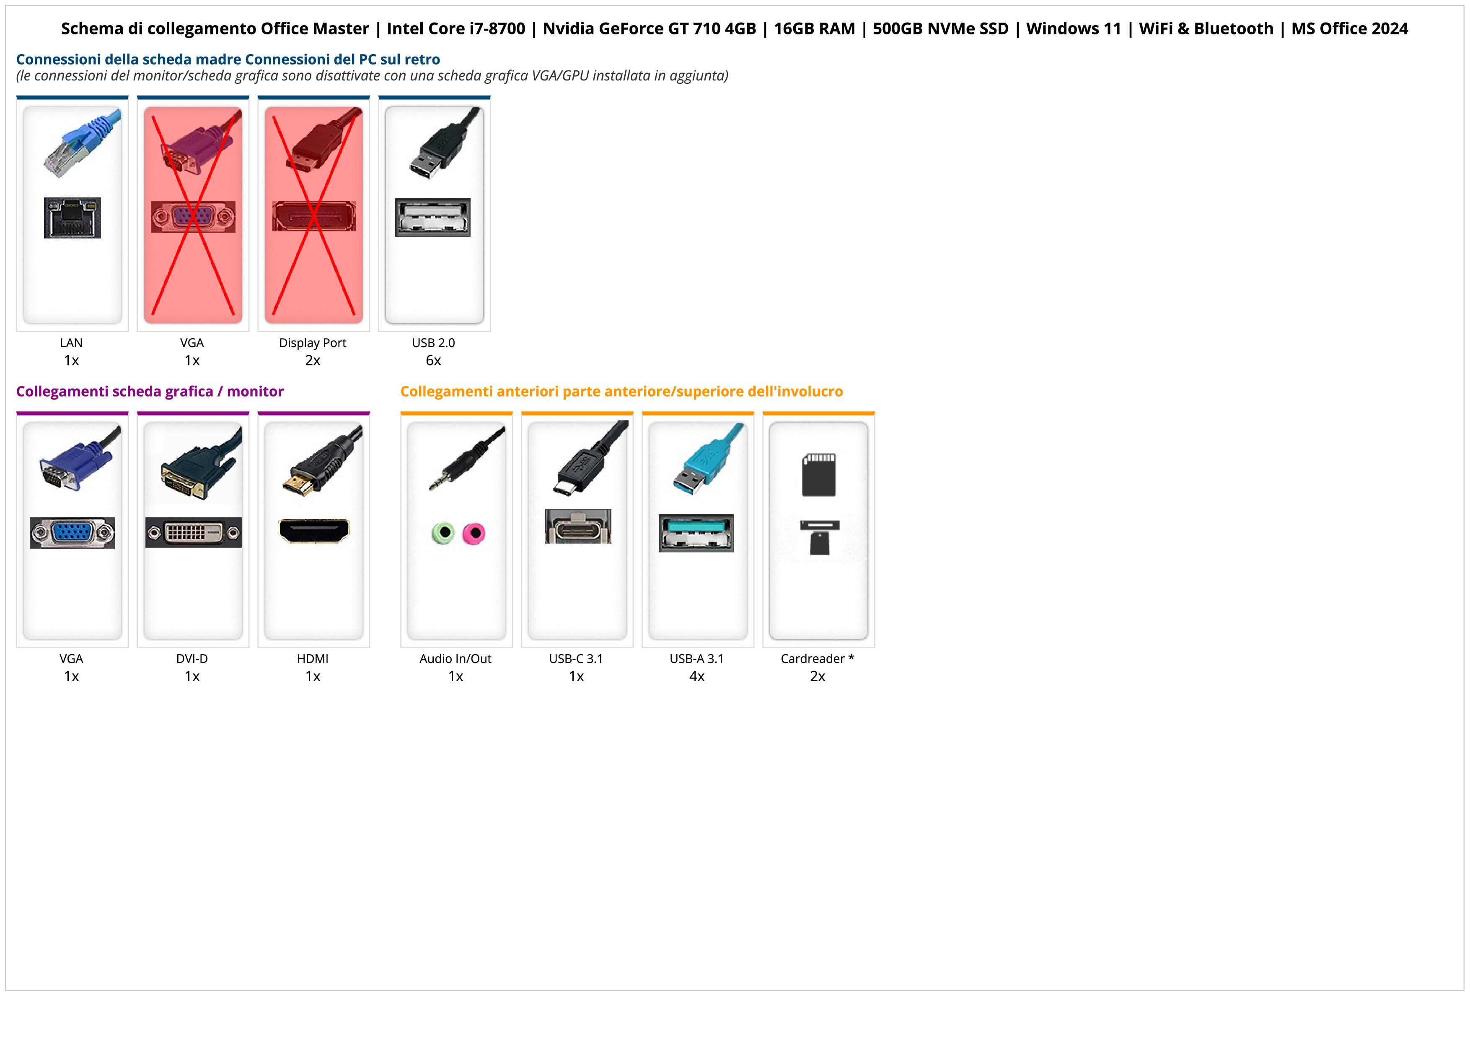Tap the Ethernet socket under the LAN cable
(72, 218)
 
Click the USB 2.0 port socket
(433, 218)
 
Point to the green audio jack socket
(443, 533)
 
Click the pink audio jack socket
(474, 533)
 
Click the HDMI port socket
(314, 531)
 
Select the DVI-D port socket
(193, 533)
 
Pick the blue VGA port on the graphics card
(72, 533)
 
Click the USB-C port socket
(577, 527)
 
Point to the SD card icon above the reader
(818, 475)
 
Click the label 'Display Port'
(313, 343)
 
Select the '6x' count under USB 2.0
(433, 360)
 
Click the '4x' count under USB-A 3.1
(696, 676)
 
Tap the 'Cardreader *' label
(818, 659)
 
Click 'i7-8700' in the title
(488, 29)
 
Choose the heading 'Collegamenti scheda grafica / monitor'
(150, 392)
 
